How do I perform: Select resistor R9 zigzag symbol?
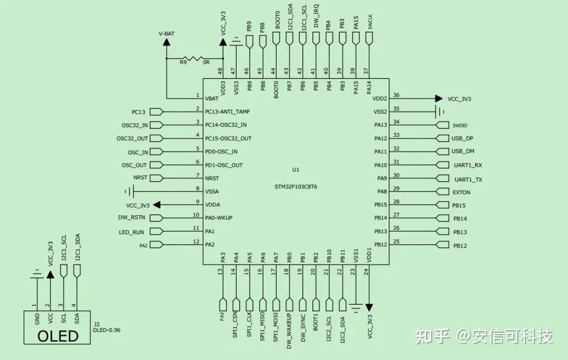(x=195, y=58)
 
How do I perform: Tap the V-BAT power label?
(x=167, y=34)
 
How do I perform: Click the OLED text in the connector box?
(x=58, y=336)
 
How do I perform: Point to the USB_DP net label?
(x=462, y=138)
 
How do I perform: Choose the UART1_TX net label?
(x=468, y=179)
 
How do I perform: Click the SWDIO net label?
(x=460, y=125)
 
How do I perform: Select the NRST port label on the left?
(x=140, y=178)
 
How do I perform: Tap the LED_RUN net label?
(x=131, y=232)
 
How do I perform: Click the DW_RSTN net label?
(x=132, y=217)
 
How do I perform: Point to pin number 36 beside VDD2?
(x=396, y=95)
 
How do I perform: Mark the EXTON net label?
(x=461, y=193)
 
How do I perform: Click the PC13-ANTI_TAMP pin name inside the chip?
(x=227, y=112)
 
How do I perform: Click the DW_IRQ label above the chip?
(x=316, y=16)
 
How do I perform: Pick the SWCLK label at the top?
(x=370, y=22)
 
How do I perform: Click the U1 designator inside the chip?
(x=296, y=169)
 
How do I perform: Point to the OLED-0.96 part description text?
(x=107, y=331)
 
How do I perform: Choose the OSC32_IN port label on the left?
(x=135, y=125)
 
